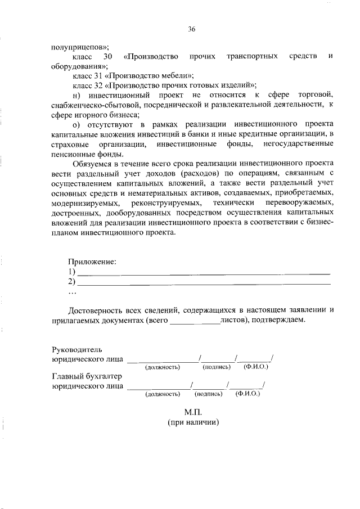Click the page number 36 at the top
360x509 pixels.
(x=191, y=29)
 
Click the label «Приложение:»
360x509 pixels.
(x=92, y=262)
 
